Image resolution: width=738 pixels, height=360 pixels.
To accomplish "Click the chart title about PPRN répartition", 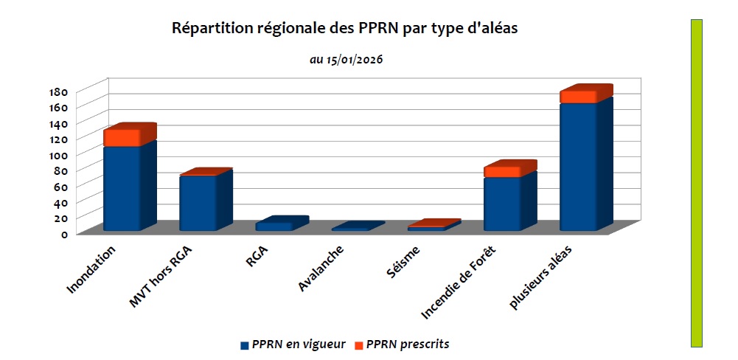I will [x=346, y=29].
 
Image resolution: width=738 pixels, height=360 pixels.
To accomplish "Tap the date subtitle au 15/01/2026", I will [x=346, y=59].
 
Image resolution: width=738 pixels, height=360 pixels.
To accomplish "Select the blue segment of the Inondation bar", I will [x=122, y=188].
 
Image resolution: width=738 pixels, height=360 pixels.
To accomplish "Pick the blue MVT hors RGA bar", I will [x=198, y=203].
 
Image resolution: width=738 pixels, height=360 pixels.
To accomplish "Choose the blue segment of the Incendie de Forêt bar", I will [x=502, y=204].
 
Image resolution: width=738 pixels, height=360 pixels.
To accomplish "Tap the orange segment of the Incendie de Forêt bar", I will [x=502, y=172].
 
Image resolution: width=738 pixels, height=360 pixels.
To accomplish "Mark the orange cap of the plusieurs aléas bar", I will [x=578, y=97].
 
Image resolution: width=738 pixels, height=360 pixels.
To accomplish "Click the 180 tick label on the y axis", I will [x=59, y=92].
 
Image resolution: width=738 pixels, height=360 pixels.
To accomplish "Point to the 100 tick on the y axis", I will [x=59, y=155].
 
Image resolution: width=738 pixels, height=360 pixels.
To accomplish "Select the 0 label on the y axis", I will [x=64, y=235].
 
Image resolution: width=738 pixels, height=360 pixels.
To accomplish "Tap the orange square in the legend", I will [x=359, y=345].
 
